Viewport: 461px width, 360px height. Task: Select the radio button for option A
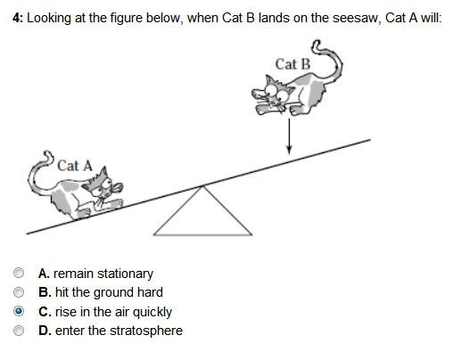point(19,273)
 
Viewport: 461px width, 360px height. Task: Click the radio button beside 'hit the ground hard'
point(19,292)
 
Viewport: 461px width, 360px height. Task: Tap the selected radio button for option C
point(19,311)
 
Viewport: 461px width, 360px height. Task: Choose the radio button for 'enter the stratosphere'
point(19,331)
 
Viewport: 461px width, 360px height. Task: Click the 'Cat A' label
point(75,166)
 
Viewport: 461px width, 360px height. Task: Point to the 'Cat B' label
point(292,64)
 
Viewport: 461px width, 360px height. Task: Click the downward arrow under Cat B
point(289,136)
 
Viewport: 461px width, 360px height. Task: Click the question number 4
point(17,18)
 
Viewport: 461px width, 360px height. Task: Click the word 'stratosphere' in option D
point(146,331)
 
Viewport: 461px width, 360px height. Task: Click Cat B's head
point(274,93)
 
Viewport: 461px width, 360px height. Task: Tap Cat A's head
point(103,184)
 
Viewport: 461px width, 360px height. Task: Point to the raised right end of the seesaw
point(370,140)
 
